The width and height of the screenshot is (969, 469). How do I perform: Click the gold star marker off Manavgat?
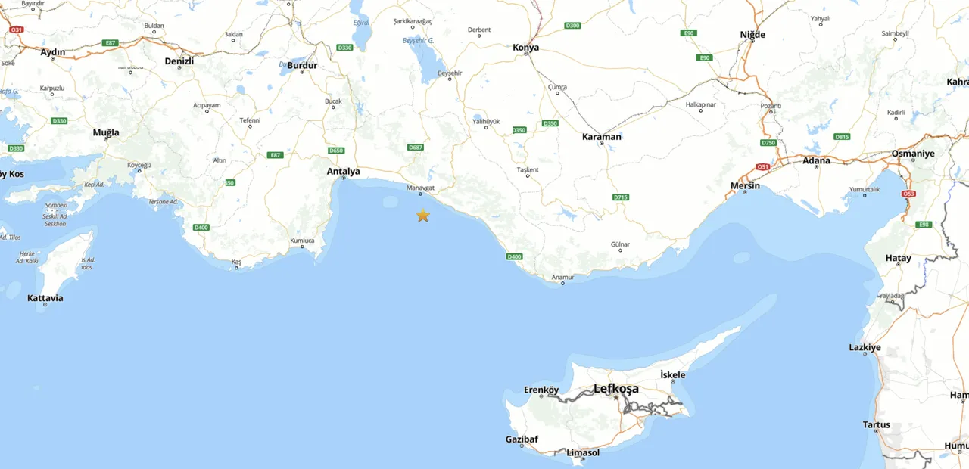point(422,216)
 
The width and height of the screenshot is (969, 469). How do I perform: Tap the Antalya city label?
point(343,172)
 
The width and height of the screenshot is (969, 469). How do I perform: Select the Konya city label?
point(526,48)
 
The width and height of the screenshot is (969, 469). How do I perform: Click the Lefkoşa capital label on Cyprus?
point(615,389)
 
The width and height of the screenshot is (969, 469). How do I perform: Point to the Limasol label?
point(583,452)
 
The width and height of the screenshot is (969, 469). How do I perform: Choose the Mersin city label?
point(745,185)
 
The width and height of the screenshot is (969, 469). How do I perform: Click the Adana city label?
point(816,160)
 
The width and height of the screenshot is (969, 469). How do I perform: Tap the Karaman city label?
point(602,137)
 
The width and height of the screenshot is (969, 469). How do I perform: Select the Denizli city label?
point(179,61)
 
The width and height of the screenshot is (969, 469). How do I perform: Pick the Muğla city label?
point(106,133)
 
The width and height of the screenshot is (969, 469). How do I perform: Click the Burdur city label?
point(302,66)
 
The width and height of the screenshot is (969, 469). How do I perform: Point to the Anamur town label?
point(562,278)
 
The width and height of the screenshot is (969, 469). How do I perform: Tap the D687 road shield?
point(416,147)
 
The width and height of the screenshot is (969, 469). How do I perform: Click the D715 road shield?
point(621,197)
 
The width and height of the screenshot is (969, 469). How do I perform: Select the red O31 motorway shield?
point(17,30)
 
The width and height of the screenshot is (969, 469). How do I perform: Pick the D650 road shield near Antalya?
point(336,151)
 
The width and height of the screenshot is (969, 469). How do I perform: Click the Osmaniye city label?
point(913,154)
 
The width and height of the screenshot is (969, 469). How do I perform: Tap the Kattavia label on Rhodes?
point(45,298)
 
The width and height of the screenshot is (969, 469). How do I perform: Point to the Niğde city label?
point(752,35)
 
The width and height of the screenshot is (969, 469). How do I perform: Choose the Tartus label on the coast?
point(877,425)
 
